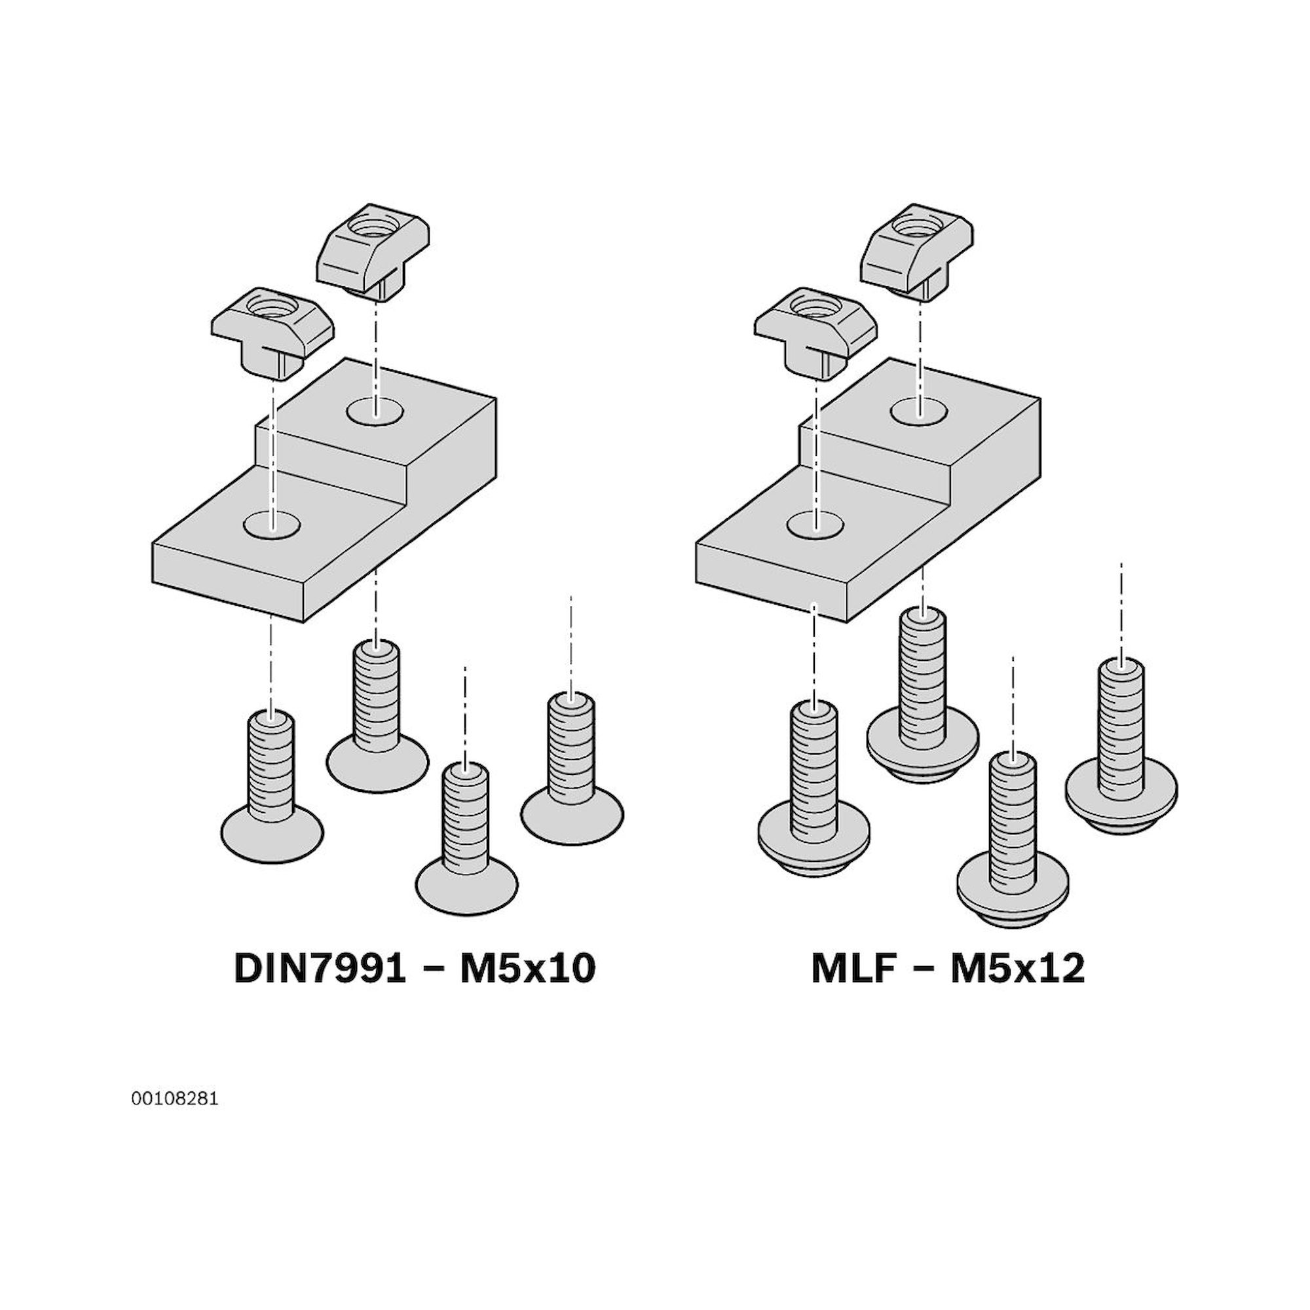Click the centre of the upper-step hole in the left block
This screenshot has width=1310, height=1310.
click(375, 411)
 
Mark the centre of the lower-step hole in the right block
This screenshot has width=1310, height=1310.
click(816, 524)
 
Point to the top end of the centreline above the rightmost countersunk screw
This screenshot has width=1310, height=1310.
click(571, 597)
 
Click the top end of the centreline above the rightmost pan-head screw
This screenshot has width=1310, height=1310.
click(1121, 562)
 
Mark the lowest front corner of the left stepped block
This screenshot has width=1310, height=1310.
click(304, 621)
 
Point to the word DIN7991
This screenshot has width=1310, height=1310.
click(320, 969)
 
